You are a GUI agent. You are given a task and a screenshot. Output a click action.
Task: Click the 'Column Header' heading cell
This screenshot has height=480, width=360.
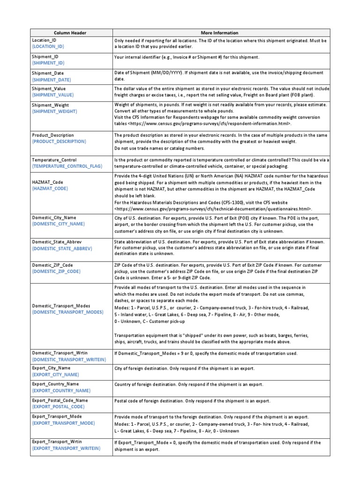click(x=70, y=33)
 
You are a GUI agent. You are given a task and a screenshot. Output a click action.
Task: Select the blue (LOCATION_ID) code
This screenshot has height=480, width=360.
click(x=48, y=47)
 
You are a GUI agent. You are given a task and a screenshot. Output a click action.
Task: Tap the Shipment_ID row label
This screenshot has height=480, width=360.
click(x=45, y=57)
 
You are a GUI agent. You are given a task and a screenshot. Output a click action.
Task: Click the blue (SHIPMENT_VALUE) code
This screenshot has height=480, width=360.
click(x=52, y=95)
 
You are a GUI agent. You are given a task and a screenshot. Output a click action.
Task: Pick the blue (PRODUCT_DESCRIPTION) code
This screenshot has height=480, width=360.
click(x=59, y=141)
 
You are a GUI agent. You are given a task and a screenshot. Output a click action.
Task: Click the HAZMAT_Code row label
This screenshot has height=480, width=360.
click(x=48, y=182)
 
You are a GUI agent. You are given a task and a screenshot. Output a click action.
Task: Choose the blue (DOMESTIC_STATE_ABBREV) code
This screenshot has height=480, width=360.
click(x=62, y=247)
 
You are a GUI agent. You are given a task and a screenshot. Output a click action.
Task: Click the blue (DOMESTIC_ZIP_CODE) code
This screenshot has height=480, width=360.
click(x=56, y=271)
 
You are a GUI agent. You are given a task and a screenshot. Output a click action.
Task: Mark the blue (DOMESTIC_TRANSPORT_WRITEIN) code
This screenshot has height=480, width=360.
click(x=69, y=359)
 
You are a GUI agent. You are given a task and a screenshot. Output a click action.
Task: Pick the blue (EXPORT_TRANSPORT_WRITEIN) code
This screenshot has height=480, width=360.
click(x=66, y=449)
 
